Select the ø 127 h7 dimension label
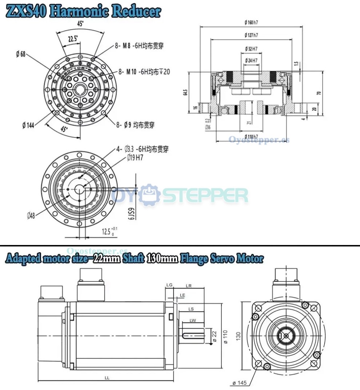pos(251,35)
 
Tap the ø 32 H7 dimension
pos(251,48)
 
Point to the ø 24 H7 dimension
pos(251,60)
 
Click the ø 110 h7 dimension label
pos(251,136)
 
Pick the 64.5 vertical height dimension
pos(185,92)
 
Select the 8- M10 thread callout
pos(144,72)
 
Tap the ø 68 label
pos(21,54)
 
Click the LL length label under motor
pos(107,378)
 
